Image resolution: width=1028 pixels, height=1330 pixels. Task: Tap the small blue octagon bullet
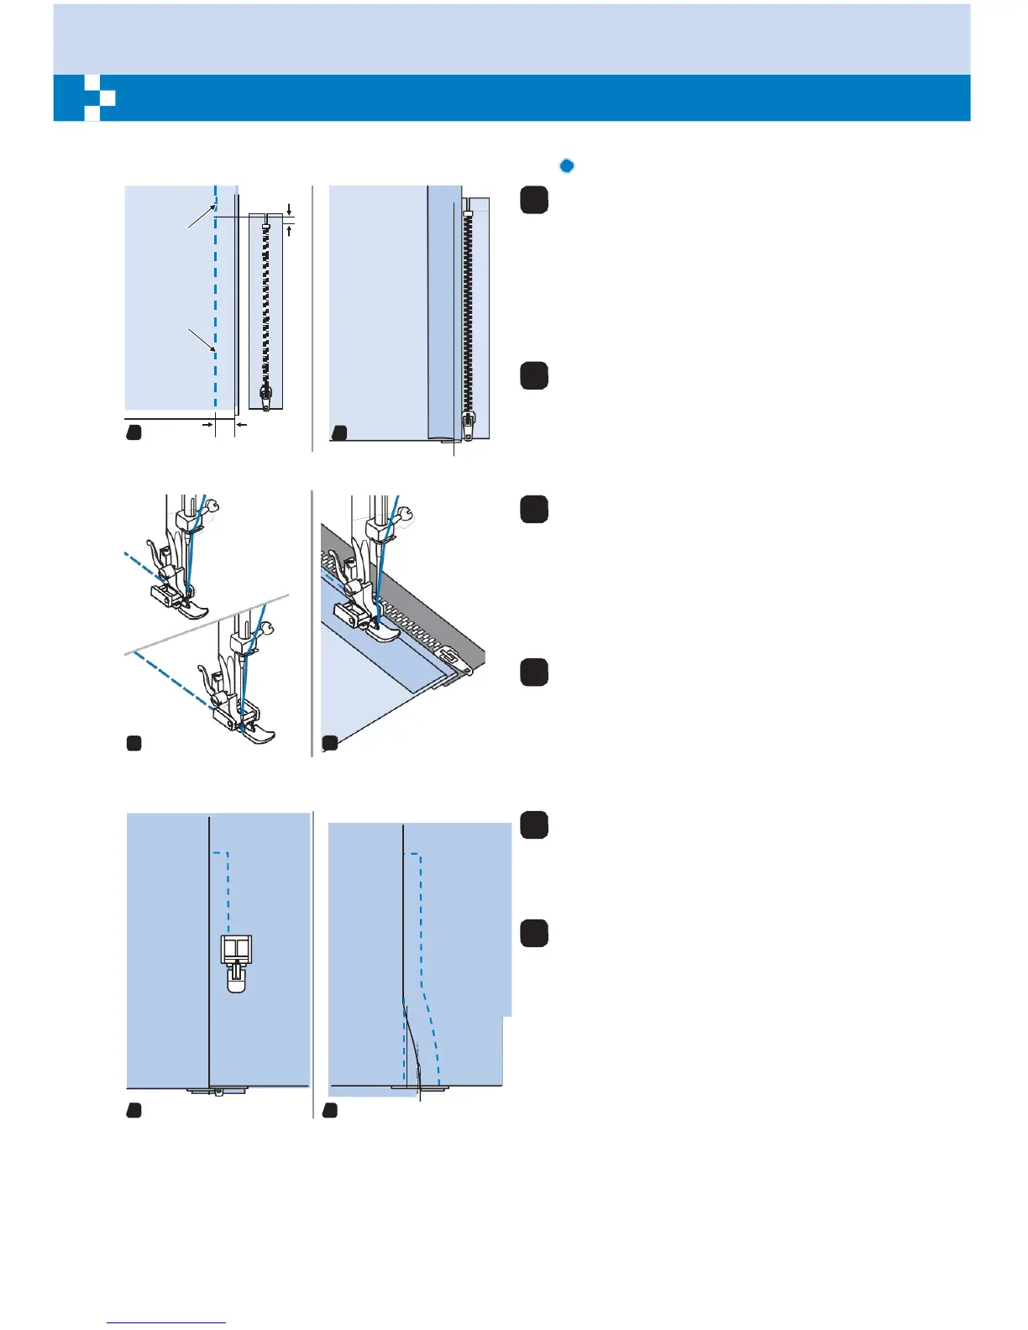567,165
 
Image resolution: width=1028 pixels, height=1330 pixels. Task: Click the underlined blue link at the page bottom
166,1322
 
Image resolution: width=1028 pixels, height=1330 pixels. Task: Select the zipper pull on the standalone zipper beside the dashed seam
266,396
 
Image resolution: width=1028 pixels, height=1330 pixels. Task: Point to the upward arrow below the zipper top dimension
289,228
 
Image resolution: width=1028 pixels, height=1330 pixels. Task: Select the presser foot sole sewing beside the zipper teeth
385,631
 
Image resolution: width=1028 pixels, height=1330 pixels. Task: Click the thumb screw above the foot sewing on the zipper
407,514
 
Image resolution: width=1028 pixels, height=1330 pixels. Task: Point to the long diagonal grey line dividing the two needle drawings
210,624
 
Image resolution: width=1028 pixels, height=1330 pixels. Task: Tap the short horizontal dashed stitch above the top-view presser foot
220,853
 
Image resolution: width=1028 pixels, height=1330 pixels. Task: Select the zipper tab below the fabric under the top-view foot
217,1091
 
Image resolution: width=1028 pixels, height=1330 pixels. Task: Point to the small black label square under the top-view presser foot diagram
134,1110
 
